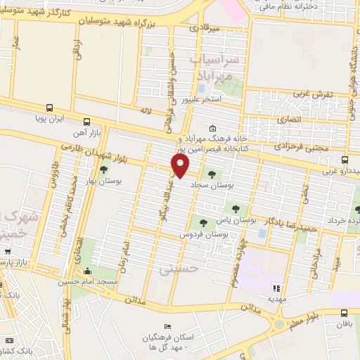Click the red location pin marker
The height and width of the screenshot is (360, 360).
(181, 167)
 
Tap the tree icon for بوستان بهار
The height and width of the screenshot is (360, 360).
(104, 169)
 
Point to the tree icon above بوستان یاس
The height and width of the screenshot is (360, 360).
(236, 208)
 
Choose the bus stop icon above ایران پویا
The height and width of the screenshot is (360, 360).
(49, 108)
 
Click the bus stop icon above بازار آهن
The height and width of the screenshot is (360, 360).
(86, 121)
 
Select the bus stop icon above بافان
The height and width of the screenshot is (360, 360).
(344, 314)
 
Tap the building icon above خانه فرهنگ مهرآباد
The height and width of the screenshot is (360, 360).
(213, 128)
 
